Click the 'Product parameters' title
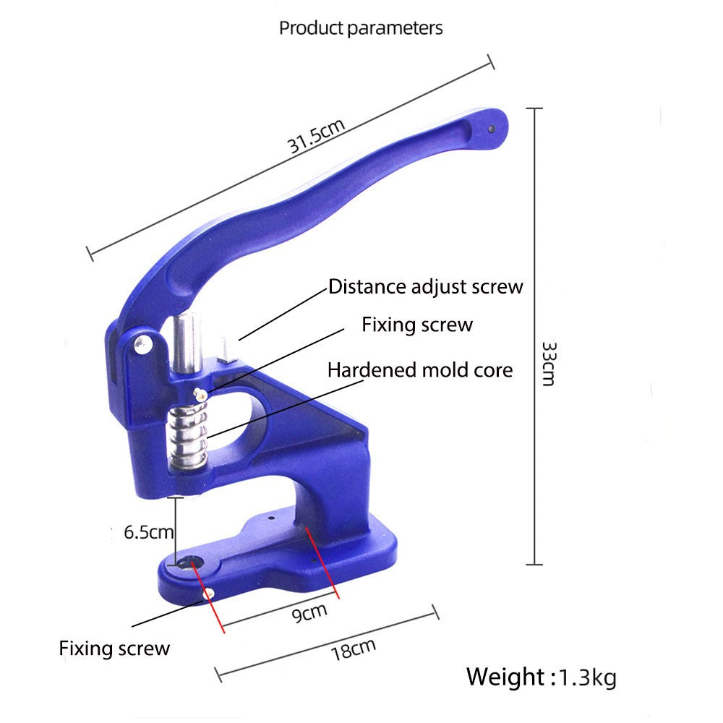pos(361,28)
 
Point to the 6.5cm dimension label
pos(148,533)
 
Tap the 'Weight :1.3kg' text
pos(541,677)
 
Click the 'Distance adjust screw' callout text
pos(425,286)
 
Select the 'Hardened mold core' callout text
pos(420,370)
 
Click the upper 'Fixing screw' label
pos(417,325)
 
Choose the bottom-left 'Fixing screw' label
pos(114,648)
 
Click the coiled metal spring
pos(189,434)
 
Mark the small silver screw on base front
pos(209,594)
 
